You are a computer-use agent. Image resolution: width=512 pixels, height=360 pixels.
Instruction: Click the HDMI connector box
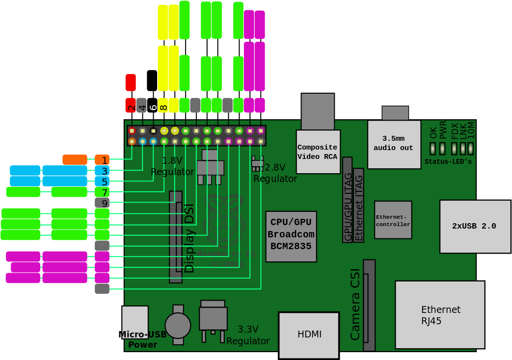309,335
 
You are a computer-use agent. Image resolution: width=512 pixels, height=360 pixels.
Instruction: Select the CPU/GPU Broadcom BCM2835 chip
291,236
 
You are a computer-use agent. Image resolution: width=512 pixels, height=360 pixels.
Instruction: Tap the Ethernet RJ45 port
439,314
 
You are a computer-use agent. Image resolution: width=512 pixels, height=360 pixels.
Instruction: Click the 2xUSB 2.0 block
474,226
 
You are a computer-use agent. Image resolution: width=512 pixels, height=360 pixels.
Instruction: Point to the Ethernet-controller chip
393,220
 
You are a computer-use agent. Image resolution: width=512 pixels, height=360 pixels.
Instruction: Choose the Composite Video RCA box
318,152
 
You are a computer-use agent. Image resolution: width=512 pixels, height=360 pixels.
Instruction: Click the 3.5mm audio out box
394,144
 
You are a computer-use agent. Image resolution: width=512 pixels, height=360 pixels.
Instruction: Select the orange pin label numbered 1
102,160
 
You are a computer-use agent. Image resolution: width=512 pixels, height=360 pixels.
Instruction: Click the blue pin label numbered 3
102,171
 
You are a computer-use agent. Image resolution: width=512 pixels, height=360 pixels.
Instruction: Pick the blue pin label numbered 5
102,181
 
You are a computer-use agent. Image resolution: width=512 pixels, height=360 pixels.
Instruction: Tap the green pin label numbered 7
102,192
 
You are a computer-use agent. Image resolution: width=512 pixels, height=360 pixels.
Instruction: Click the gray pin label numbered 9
102,203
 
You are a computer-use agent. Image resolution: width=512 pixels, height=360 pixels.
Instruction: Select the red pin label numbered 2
131,105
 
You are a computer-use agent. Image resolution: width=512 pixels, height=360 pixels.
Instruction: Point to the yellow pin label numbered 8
163,105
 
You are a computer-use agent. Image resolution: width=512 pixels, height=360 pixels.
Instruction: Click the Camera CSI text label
355,304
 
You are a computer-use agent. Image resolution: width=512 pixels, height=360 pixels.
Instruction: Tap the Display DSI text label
189,238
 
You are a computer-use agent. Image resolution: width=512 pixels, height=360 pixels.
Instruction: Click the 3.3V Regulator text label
248,335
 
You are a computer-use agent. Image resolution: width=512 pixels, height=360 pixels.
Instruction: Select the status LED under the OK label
432,148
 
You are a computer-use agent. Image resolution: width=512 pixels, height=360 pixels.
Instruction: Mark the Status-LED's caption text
448,161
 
